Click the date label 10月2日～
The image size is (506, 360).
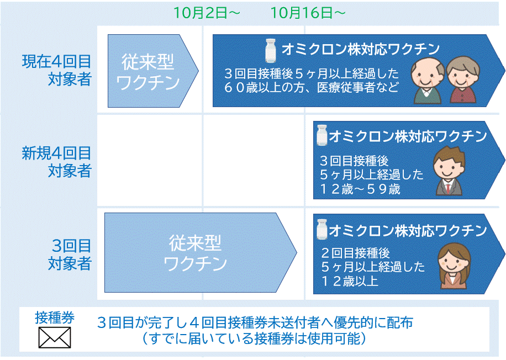[x=207, y=13]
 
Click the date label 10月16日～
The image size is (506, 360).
[x=308, y=13]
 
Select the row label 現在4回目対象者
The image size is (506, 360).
[x=57, y=70]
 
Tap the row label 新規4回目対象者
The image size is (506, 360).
[x=57, y=162]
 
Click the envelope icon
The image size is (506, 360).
[x=55, y=337]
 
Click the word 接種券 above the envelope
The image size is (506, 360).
[x=55, y=317]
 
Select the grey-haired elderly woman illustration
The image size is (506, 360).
[x=463, y=80]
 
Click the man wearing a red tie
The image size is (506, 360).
[x=449, y=171]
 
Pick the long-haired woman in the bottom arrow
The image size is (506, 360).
[x=454, y=266]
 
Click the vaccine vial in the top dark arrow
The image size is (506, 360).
[x=271, y=50]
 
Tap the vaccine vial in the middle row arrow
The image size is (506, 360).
[x=321, y=135]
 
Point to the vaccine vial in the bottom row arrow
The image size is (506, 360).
[x=321, y=229]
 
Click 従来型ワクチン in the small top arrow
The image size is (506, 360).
[x=148, y=72]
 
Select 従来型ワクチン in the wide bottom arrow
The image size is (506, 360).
[x=195, y=253]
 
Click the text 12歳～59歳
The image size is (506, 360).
[x=360, y=189]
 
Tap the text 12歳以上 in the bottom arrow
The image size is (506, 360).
[x=350, y=281]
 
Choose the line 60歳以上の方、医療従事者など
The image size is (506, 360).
[x=312, y=87]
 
